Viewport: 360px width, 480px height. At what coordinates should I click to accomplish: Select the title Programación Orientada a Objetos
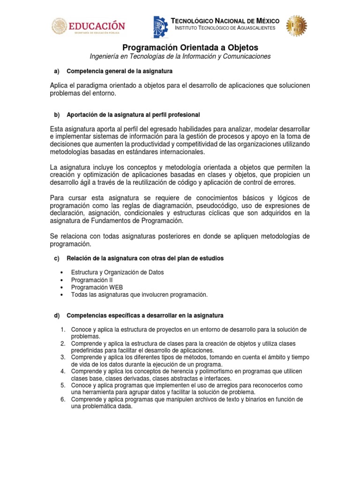point(190,48)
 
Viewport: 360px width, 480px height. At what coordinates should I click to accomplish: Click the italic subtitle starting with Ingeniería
point(180,56)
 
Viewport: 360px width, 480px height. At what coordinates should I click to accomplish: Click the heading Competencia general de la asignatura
point(120,71)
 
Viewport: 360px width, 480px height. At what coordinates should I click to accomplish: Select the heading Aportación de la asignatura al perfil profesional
point(133,115)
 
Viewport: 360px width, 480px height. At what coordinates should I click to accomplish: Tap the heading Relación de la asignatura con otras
point(145,258)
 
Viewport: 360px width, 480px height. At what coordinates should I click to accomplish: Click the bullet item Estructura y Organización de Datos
point(117,272)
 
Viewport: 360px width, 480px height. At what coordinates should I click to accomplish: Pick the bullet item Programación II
point(92,280)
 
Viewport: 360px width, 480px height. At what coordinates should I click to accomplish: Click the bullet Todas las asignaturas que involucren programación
point(139,294)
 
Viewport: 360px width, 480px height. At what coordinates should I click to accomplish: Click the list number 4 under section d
point(62,371)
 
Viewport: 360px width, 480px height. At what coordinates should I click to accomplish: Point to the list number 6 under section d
point(62,399)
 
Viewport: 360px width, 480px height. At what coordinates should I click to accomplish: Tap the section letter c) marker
point(57,258)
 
